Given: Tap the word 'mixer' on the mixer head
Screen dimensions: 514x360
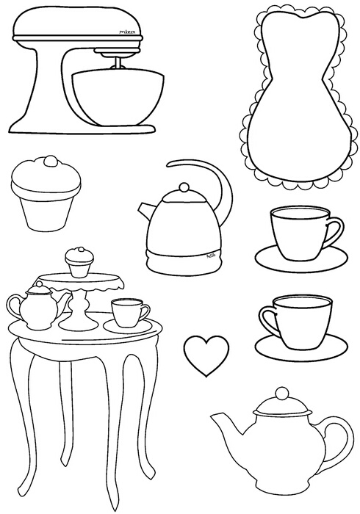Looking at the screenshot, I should pyautogui.click(x=128, y=32).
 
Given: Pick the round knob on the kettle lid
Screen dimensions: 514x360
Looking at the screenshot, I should pyautogui.click(x=181, y=188).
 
